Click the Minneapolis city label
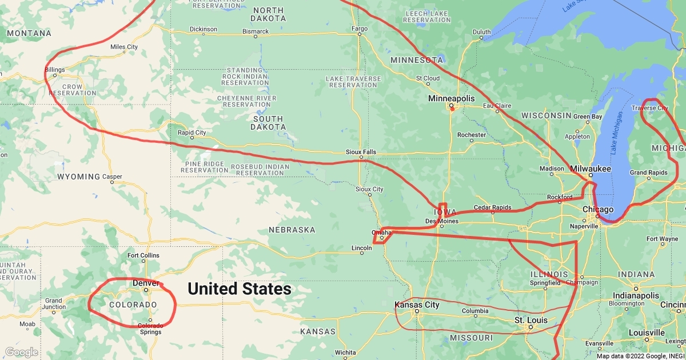(451, 98)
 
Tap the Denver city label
(145, 283)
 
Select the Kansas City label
(417, 305)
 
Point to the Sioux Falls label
(361, 151)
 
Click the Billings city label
(54, 70)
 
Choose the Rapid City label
(192, 133)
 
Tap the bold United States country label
(239, 289)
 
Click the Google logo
(22, 352)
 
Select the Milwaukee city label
(591, 169)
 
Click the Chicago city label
(597, 210)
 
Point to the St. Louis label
(531, 319)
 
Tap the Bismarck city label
(255, 31)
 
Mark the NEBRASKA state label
(292, 230)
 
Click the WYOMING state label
(78, 177)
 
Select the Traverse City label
(649, 107)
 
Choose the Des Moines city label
(442, 221)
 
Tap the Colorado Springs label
(150, 329)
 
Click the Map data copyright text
(639, 355)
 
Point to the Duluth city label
(481, 31)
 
